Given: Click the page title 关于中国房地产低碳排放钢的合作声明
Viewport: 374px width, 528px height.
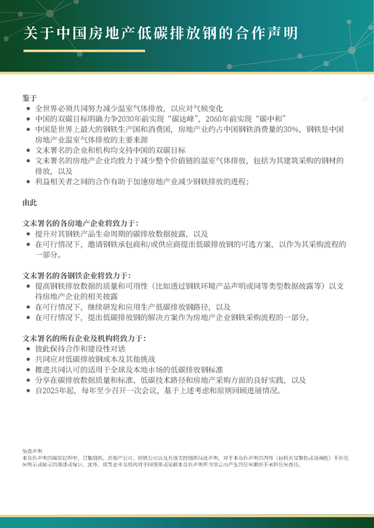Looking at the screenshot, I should click(x=160, y=32).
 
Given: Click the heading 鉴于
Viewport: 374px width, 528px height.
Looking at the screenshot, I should click(x=29, y=97).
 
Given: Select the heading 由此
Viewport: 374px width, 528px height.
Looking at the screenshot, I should click(x=29, y=202).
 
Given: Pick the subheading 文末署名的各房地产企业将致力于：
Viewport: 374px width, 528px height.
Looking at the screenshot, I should click(x=80, y=224).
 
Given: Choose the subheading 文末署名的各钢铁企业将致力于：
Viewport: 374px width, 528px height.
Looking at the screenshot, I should click(x=76, y=276).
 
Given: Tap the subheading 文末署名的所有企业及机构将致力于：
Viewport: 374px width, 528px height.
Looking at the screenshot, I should click(x=84, y=338).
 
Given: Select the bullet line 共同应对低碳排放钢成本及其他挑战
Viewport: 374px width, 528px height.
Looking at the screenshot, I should click(x=95, y=359).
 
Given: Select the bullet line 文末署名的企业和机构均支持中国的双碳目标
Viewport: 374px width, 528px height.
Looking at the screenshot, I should click(x=110, y=150).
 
